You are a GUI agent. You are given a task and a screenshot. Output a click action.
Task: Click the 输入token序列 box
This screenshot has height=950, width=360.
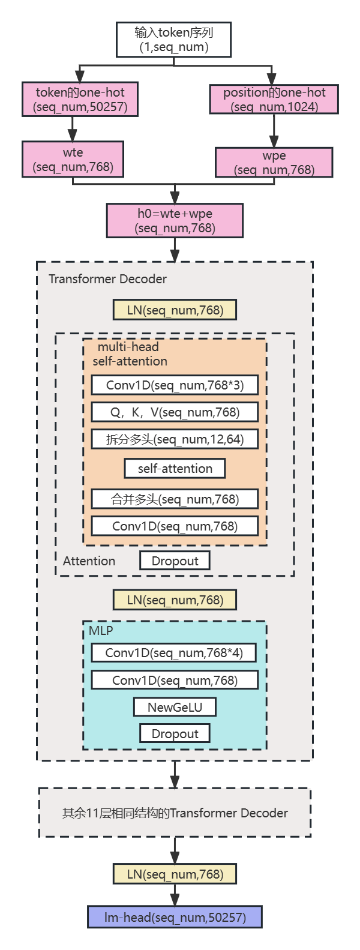(174, 40)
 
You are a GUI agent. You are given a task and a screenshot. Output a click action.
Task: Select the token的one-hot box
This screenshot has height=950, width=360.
(80, 100)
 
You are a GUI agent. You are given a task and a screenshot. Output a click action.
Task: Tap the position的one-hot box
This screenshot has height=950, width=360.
(274, 100)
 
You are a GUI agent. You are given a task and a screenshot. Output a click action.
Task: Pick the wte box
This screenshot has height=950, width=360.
(73, 160)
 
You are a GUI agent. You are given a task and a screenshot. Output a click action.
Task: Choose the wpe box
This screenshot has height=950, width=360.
(274, 163)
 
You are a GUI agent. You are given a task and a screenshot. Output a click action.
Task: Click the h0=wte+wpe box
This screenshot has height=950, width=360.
(175, 221)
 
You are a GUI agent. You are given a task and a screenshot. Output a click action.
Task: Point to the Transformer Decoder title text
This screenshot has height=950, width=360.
(107, 279)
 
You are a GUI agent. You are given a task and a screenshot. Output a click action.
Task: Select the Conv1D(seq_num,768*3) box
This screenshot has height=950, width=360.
(175, 385)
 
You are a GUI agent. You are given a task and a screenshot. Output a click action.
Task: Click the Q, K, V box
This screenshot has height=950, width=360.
(175, 412)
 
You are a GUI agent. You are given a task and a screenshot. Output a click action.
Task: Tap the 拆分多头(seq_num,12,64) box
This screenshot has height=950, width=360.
(175, 439)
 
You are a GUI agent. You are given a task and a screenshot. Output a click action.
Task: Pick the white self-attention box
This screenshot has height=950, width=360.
(175, 469)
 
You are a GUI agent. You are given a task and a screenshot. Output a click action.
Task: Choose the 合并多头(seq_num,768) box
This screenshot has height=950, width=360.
(175, 499)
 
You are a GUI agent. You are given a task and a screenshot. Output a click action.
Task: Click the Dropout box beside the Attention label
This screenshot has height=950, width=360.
(175, 561)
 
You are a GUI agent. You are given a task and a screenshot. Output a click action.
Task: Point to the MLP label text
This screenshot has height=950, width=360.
(101, 631)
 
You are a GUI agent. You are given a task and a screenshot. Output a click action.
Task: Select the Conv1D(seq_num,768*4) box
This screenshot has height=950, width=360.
(174, 653)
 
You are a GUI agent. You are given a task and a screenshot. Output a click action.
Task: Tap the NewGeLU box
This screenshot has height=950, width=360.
(175, 708)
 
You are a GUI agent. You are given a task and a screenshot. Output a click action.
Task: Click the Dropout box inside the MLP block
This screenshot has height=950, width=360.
(175, 734)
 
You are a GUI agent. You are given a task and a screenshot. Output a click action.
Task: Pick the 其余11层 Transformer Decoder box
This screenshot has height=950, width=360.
(175, 813)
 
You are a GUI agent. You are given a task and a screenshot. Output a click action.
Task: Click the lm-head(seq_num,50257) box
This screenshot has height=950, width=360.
(175, 918)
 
